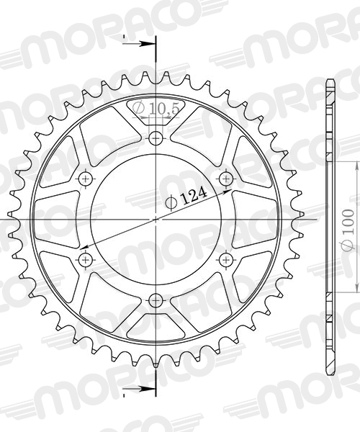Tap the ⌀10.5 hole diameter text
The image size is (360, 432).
156,109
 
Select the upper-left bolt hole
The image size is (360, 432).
86,178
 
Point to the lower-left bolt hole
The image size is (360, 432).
86,259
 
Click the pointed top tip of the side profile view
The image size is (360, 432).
330,78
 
